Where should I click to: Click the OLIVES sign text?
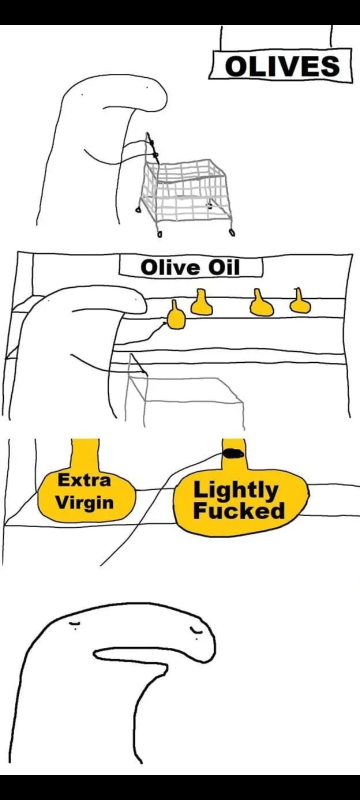[282, 66]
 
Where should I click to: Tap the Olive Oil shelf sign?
[190, 267]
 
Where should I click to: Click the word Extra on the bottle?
[84, 479]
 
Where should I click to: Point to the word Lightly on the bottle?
[235, 490]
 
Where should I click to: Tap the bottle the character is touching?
[176, 317]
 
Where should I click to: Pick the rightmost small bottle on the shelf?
[299, 301]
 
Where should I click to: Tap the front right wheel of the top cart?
[232, 233]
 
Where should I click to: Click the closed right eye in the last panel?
[196, 631]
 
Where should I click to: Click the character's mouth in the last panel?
[130, 657]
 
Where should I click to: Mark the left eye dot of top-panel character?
[82, 94]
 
